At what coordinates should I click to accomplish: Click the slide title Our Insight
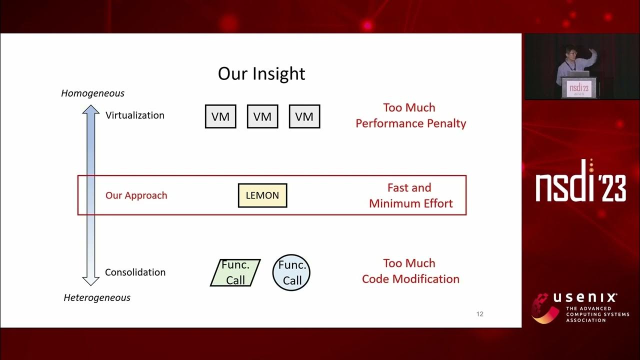[261, 73]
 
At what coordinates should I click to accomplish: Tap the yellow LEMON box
[262, 195]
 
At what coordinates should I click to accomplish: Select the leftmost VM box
[220, 116]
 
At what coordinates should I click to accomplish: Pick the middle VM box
[262, 116]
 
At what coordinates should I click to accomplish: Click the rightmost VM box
[304, 116]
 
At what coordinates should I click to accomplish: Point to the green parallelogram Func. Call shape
[235, 272]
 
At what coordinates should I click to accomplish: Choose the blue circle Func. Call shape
[291, 273]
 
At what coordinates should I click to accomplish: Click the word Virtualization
[135, 115]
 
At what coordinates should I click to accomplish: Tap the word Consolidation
[135, 272]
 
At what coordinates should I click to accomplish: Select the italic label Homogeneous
[92, 93]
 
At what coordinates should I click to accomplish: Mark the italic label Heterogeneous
[97, 297]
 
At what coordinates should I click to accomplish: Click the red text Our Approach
[136, 195]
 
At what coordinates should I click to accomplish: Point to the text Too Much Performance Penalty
[410, 115]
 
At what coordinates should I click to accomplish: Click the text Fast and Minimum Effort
[410, 195]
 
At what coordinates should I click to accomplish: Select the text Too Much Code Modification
[410, 271]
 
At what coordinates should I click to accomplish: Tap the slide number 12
[480, 314]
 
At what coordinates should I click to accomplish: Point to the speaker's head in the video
[570, 52]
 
